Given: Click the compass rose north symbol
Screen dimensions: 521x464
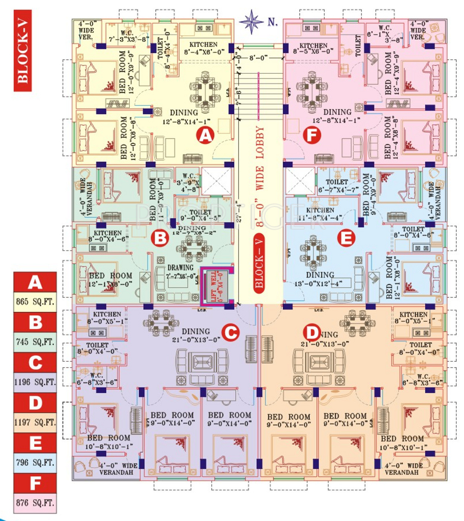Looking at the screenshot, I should point(252,21).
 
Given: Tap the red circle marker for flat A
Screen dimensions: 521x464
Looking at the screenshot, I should point(206,135).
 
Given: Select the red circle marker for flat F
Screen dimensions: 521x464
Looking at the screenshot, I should point(311,135).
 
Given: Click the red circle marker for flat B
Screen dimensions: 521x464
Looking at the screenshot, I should point(160,237).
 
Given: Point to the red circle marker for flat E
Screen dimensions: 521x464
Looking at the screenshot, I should point(346,237).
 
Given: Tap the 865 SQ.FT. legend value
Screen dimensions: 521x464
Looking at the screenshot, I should point(35,301).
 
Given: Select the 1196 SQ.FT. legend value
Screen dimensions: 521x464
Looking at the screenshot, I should point(35,382).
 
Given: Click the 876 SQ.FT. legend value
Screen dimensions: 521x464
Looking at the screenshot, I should point(35,503).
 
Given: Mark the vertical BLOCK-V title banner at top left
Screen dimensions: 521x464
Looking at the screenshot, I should point(23,50).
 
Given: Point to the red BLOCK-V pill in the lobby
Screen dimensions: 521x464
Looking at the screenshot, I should point(259,263).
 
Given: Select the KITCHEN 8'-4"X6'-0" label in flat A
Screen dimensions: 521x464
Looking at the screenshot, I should point(204,48).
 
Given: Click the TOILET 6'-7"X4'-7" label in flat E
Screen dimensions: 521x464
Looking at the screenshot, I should point(337,186).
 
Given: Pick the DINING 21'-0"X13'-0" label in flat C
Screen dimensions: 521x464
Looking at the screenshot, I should point(196,335).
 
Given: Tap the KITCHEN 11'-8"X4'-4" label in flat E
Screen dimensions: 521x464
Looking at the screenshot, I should point(320,214).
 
